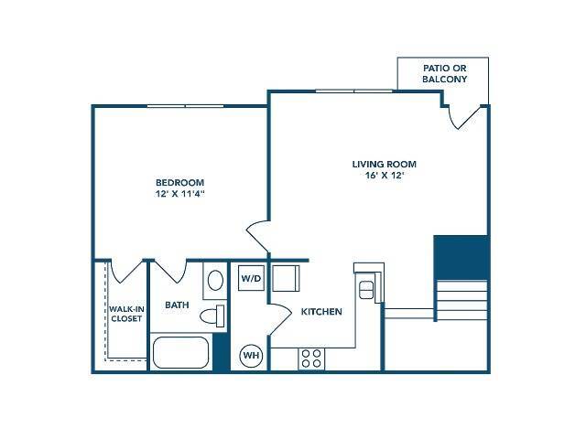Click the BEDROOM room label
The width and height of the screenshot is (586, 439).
(179, 182)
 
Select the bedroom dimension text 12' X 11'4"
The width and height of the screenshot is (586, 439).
(179, 194)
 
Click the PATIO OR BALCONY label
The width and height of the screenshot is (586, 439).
(444, 73)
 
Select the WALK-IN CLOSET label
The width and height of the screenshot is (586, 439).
(125, 316)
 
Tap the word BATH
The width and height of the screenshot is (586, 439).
(177, 305)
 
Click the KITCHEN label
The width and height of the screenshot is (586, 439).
(321, 312)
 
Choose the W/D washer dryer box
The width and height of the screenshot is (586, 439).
(249, 277)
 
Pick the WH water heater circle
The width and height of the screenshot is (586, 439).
(249, 356)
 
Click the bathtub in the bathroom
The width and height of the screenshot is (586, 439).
(180, 354)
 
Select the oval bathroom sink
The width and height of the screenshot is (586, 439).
(214, 279)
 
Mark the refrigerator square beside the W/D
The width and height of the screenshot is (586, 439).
(285, 278)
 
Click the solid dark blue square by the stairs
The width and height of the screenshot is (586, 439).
(461, 258)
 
